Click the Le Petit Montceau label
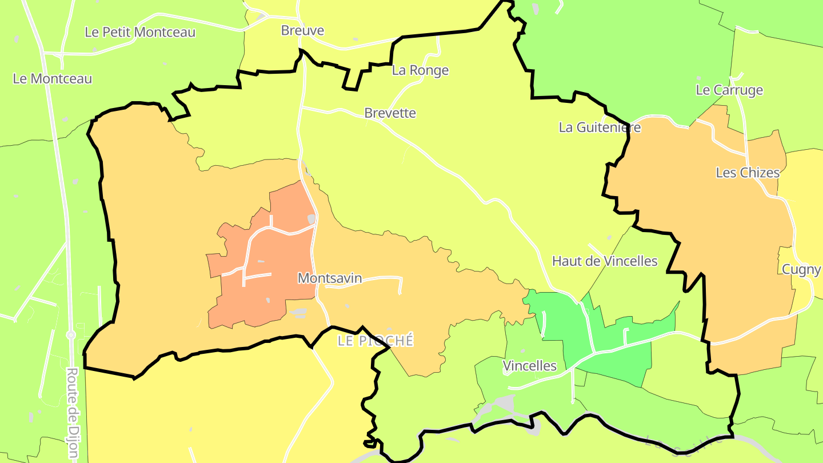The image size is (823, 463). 140,33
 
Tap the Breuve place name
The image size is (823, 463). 302,31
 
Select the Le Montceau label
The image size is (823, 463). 53,79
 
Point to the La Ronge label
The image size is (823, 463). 420,70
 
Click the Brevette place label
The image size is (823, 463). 390,113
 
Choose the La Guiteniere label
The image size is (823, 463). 600,127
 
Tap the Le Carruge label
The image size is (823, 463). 729,90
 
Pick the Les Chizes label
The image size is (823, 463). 748,173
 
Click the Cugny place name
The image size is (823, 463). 801,269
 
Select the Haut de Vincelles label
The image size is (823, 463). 605,261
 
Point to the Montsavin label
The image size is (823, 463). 330,278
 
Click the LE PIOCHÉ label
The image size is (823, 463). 375,341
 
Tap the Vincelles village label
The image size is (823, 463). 530,366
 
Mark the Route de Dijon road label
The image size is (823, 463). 73,413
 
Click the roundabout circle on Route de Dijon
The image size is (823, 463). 71,334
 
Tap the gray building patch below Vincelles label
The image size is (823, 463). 505,402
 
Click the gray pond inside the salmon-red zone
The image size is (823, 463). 311,219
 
